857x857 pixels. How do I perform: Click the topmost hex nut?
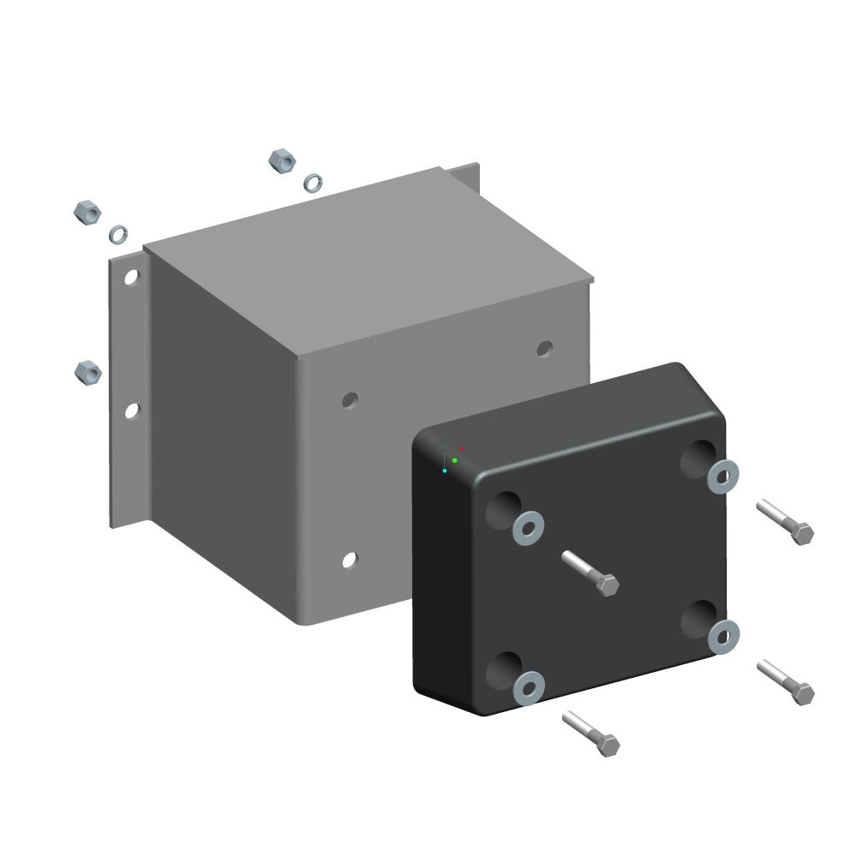pyautogui.click(x=282, y=159)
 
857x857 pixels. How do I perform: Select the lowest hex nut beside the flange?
pyautogui.click(x=87, y=372)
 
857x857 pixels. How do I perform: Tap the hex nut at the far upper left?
pyautogui.click(x=87, y=212)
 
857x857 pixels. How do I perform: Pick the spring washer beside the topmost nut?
pyautogui.click(x=314, y=182)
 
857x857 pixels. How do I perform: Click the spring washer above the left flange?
pyautogui.click(x=117, y=233)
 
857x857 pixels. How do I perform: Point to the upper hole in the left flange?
pyautogui.click(x=131, y=277)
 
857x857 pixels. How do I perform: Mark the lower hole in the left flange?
pyautogui.click(x=131, y=411)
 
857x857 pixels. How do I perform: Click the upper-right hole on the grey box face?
pyautogui.click(x=544, y=348)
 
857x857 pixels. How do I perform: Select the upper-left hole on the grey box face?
pyautogui.click(x=350, y=399)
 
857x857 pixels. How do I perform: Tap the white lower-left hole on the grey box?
pyautogui.click(x=349, y=560)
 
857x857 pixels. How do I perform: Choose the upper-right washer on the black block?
pyautogui.click(x=723, y=475)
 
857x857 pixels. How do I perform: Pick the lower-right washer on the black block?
pyautogui.click(x=724, y=635)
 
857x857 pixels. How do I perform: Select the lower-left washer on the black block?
pyautogui.click(x=529, y=687)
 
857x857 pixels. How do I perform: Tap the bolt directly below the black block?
pyautogui.click(x=591, y=734)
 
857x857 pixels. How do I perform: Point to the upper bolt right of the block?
pyautogui.click(x=785, y=522)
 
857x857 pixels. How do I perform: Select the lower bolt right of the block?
pyautogui.click(x=786, y=682)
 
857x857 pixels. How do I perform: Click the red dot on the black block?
pyautogui.click(x=460, y=448)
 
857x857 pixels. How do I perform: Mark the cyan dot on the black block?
pyautogui.click(x=444, y=470)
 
